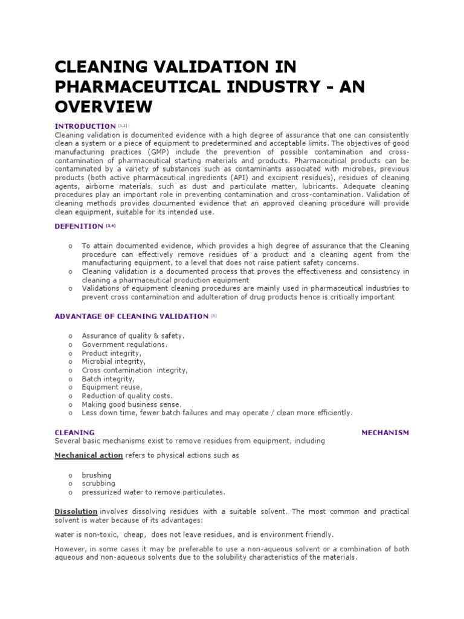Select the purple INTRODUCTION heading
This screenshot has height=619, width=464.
pyautogui.click(x=85, y=126)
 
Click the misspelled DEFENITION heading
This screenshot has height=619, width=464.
pyautogui.click(x=79, y=226)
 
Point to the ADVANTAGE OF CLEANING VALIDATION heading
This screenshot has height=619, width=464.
pyautogui.click(x=131, y=316)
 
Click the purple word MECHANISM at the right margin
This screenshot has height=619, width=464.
pyautogui.click(x=385, y=432)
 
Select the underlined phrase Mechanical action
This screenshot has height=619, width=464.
pyautogui.click(x=89, y=455)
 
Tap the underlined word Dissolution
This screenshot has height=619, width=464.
pyautogui.click(x=76, y=511)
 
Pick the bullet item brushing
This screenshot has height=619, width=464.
pyautogui.click(x=97, y=475)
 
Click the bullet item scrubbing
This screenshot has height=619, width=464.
pyautogui.click(x=98, y=484)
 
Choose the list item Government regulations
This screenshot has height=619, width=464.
pyautogui.click(x=124, y=344)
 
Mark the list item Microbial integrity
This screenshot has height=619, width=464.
pyautogui.click(x=114, y=361)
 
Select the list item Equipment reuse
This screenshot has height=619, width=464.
pyautogui.click(x=112, y=387)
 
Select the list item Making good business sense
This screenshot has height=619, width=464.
pyautogui.click(x=132, y=404)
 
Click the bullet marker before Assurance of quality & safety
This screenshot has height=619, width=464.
pyautogui.click(x=71, y=335)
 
